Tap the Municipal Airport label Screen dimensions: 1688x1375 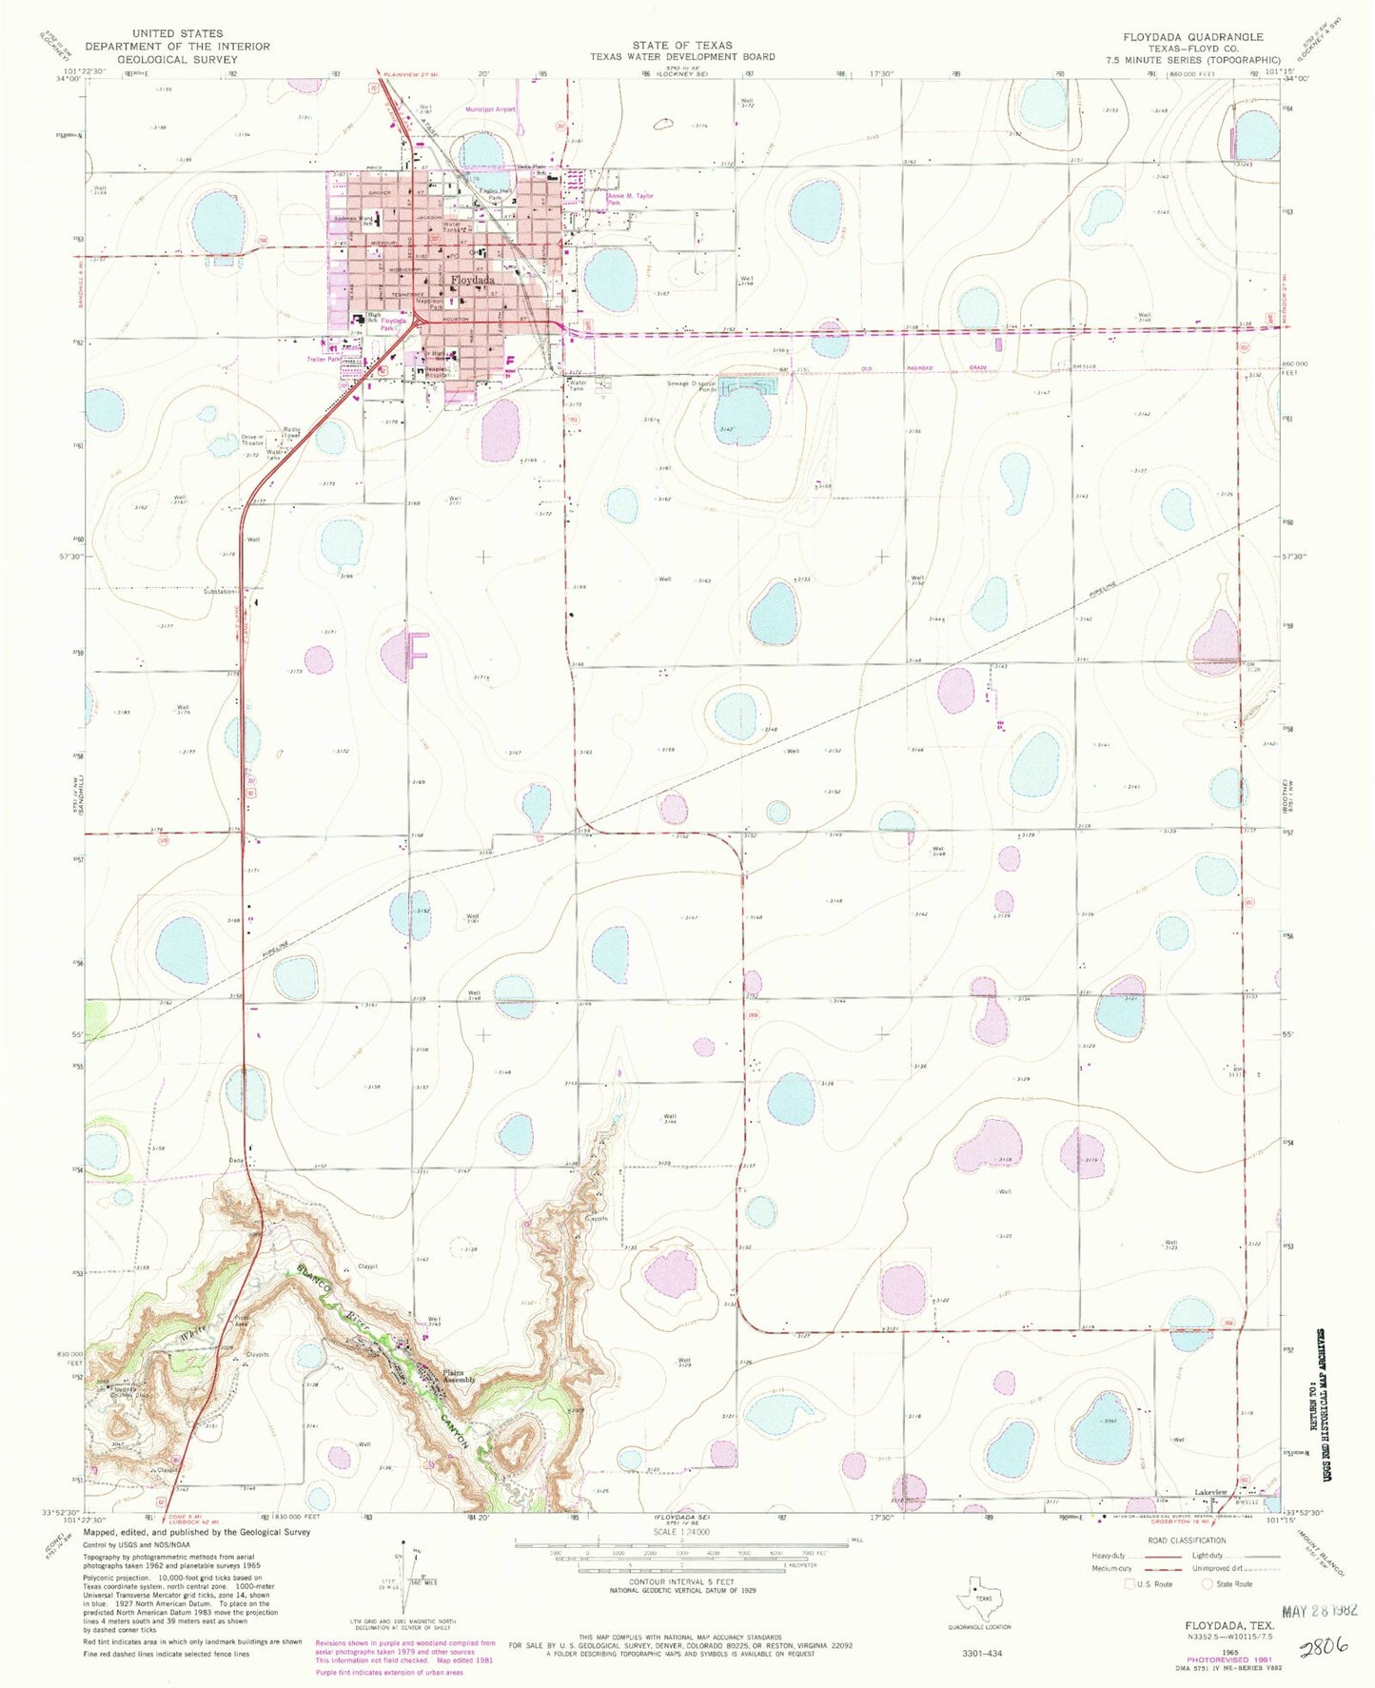tap(490, 109)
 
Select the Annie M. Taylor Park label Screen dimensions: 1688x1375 tap(630, 199)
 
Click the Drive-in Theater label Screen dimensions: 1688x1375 tap(253, 441)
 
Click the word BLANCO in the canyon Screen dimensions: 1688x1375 tap(313, 1281)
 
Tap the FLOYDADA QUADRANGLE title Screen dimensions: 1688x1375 tap(1192, 36)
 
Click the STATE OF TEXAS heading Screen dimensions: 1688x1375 tap(681, 45)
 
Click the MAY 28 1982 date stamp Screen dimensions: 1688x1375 tap(1319, 1610)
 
